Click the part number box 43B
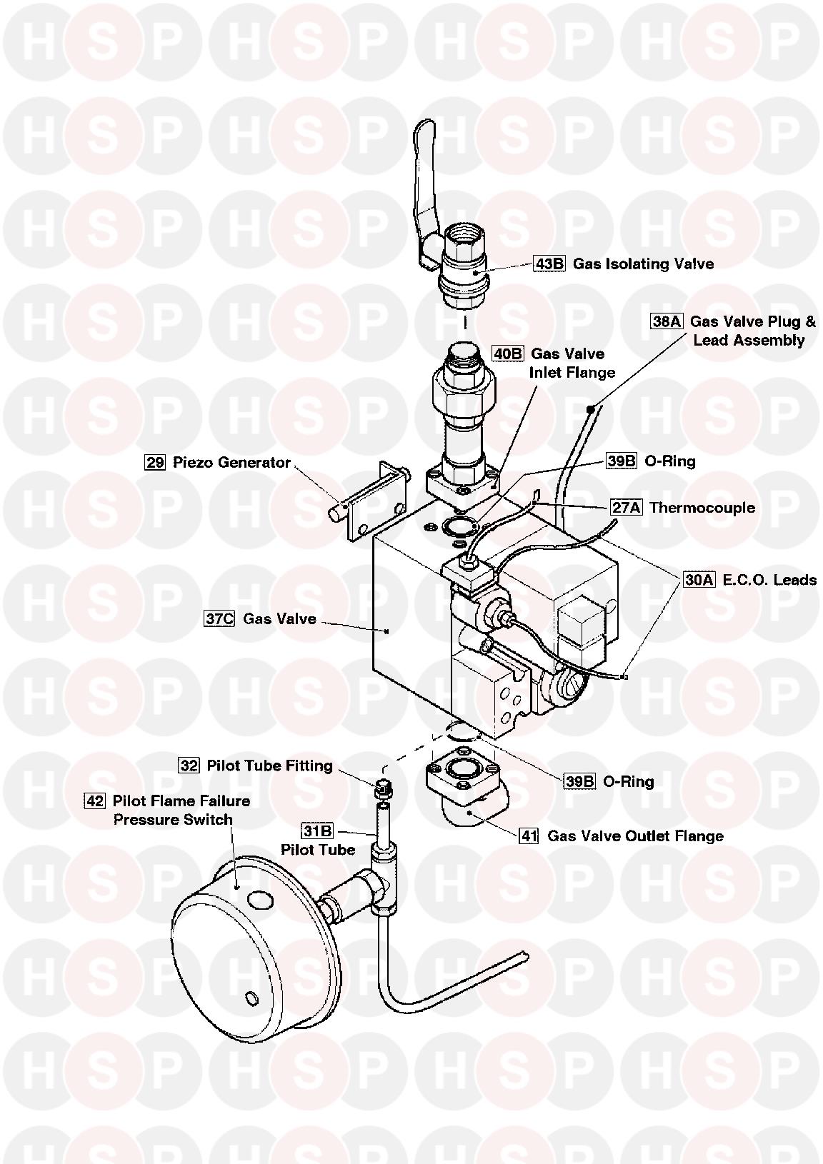click(x=549, y=264)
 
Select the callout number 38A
click(x=667, y=322)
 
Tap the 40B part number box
click(x=508, y=353)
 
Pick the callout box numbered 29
click(x=155, y=463)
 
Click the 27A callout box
click(x=626, y=508)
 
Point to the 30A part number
click(x=699, y=580)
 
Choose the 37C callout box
click(x=219, y=619)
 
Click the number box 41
click(x=528, y=836)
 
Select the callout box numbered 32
click(x=189, y=766)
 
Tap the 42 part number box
click(x=94, y=801)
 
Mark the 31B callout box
click(x=317, y=831)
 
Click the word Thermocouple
click(x=702, y=508)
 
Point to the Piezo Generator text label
click(x=231, y=463)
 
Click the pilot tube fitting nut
click(x=384, y=789)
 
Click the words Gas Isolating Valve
click(x=643, y=264)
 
